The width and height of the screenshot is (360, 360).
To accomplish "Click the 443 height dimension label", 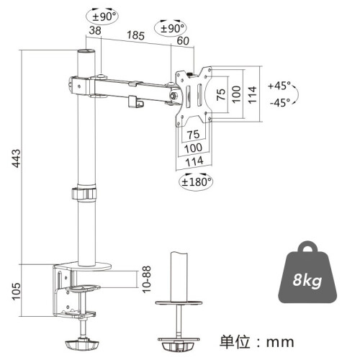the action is tap(17, 158).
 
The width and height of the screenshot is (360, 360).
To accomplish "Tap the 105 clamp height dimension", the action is tap(17, 291).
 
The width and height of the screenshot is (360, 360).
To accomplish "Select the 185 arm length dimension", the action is tap(135, 35).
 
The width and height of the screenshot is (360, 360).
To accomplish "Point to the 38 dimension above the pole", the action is tap(95, 30).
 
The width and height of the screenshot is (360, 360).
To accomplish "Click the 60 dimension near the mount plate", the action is tap(183, 41).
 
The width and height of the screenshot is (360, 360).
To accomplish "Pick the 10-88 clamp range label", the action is tap(146, 279).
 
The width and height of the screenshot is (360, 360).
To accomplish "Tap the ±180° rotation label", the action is tap(196, 181).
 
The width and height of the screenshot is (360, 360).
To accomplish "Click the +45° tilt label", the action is tap(279, 86).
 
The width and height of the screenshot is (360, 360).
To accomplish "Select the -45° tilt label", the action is tap(280, 103).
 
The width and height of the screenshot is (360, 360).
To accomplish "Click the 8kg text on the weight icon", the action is tap(307, 280).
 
